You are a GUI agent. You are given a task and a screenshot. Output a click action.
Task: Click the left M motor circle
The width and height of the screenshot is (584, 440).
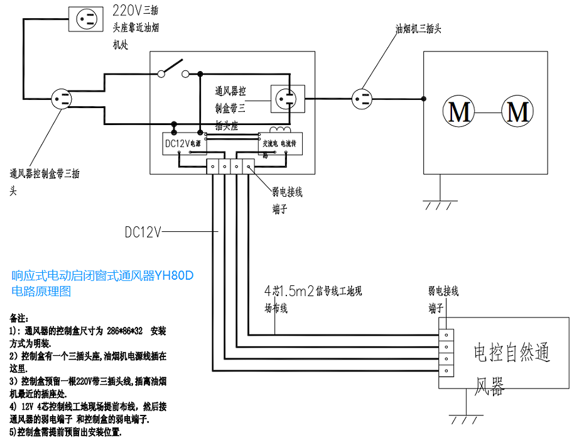(460, 112)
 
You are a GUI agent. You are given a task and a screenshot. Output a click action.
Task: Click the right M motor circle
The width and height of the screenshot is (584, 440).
(518, 112)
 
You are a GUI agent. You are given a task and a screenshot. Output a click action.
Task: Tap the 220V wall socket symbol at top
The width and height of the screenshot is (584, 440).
(87, 18)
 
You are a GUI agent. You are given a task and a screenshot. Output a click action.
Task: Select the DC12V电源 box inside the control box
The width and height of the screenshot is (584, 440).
(183, 144)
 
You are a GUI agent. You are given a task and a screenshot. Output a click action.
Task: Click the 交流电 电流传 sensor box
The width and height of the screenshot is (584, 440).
(280, 144)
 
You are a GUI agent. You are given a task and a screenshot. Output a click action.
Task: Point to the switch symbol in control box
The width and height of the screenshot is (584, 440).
(173, 69)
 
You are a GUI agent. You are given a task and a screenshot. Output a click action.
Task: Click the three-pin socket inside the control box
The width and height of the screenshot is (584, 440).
(287, 98)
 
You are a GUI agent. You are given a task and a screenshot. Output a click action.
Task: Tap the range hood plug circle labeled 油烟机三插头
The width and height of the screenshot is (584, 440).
(362, 98)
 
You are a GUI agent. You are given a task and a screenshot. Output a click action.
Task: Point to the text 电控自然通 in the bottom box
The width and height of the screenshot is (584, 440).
(511, 353)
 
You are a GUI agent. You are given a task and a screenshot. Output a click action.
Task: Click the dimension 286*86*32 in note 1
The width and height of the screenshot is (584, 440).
(125, 331)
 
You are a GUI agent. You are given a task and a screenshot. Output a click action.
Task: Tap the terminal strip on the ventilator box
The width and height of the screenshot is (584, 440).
(445, 353)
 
